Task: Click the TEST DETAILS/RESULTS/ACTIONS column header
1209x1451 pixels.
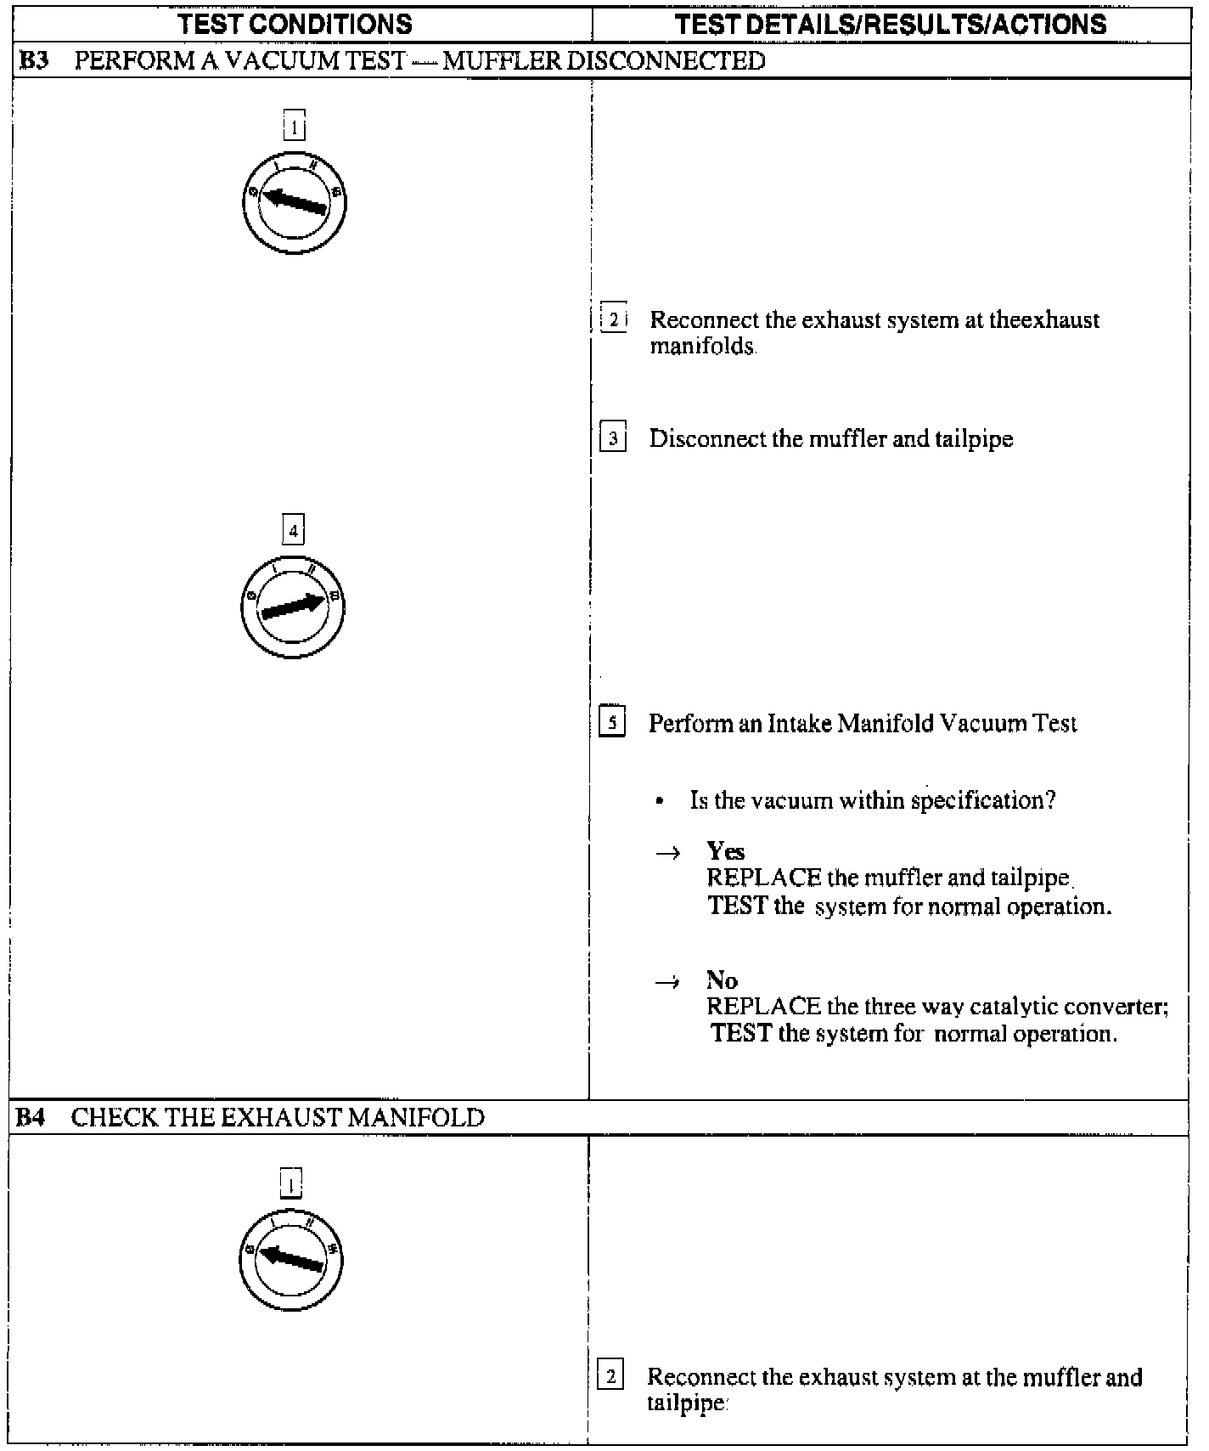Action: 891,24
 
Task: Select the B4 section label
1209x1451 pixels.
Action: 31,1117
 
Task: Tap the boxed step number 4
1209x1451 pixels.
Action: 293,531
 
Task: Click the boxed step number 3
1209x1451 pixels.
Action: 613,439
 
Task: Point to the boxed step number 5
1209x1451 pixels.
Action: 613,724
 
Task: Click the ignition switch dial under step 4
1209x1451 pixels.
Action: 293,606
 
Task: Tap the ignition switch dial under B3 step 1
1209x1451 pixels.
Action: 294,203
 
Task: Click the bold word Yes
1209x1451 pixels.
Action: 726,851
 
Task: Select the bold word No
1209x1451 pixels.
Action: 722,980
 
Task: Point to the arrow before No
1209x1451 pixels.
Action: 668,982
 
